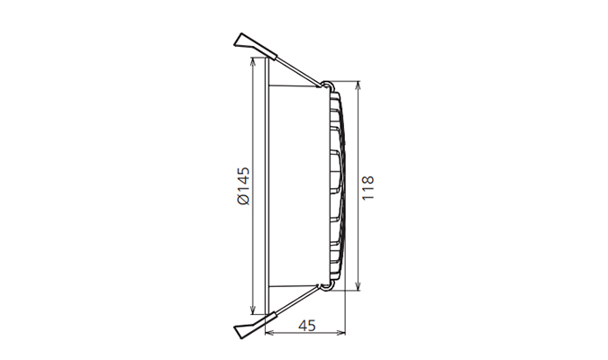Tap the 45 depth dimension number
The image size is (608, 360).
click(306, 326)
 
